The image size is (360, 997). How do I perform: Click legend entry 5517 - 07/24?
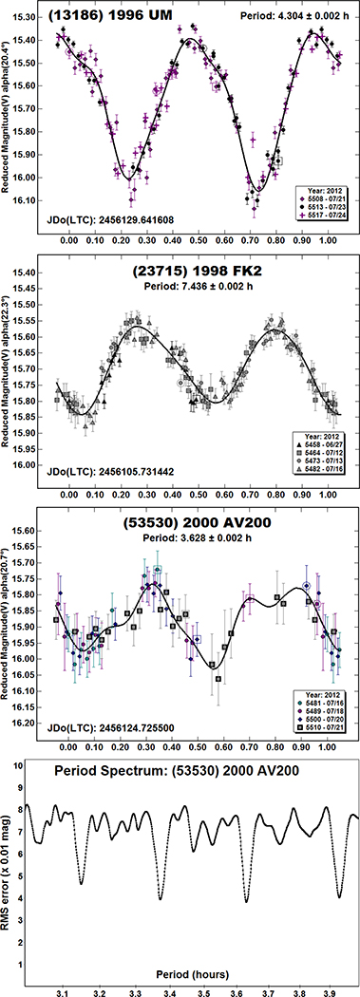[324, 217]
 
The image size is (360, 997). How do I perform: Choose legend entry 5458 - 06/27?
[323, 444]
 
